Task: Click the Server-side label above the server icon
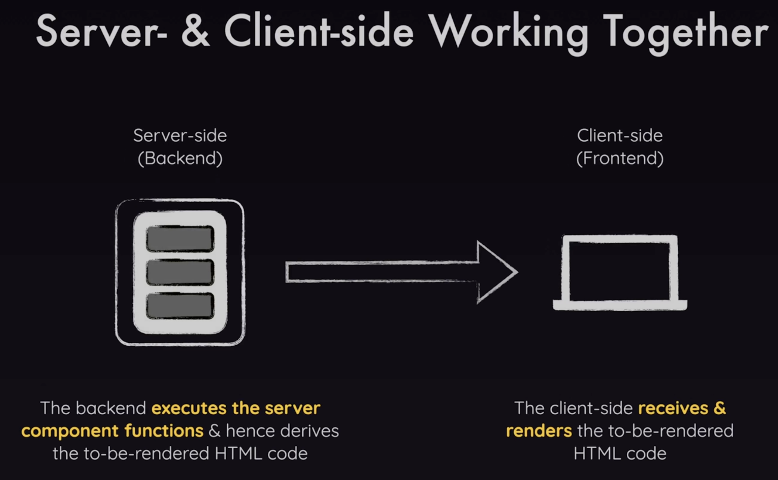180,136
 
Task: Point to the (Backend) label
180,158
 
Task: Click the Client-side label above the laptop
620,136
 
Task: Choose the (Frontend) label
620,158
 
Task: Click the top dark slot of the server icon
180,239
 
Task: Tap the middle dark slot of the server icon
180,272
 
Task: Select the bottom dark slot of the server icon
180,306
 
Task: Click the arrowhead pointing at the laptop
495,272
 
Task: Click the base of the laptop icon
620,305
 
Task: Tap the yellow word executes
189,408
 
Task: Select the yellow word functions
164,431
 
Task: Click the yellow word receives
673,408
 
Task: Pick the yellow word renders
539,431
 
